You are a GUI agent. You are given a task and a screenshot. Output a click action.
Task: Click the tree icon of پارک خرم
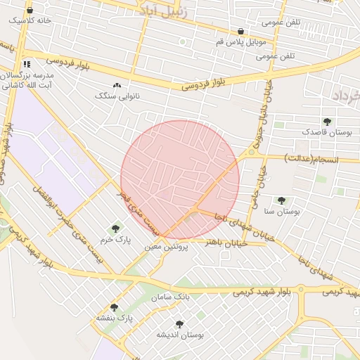[115, 228]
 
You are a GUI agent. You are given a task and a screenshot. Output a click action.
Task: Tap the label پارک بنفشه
[115, 319]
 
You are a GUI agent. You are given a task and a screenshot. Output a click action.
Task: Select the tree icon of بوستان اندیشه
[179, 324]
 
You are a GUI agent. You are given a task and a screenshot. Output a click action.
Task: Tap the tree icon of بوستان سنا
[281, 200]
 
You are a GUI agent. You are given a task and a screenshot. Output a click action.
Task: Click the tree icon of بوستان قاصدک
[327, 122]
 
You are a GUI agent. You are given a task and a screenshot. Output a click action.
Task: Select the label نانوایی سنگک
[117, 95]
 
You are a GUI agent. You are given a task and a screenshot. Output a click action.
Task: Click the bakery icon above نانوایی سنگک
[117, 85]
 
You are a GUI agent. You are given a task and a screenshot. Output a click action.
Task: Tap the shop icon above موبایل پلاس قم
[242, 31]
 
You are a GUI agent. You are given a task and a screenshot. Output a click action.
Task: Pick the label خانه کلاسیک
[30, 21]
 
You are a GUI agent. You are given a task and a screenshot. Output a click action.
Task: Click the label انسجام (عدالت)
[311, 160]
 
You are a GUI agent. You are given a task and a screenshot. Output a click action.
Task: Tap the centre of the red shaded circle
[180, 180]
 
